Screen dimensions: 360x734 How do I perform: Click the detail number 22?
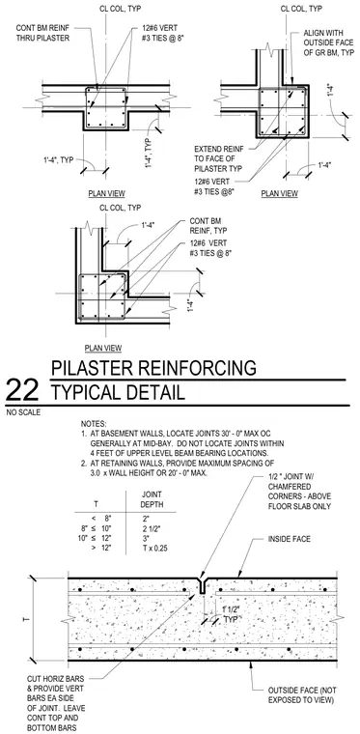[x=21, y=390]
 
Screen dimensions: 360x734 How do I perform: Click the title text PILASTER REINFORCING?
[x=153, y=368]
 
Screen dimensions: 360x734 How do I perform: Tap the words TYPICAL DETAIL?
[x=118, y=392]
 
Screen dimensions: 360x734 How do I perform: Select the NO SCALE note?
[x=23, y=412]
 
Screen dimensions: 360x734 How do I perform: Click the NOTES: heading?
[x=94, y=423]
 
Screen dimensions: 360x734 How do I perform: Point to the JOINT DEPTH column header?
[x=152, y=499]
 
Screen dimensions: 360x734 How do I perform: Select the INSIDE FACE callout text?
[x=289, y=539]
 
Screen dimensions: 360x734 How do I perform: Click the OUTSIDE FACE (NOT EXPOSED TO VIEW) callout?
[x=302, y=695]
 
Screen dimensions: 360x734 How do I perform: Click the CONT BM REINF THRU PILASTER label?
[x=42, y=33]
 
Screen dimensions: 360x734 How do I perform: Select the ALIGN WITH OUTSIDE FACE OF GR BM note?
[x=329, y=43]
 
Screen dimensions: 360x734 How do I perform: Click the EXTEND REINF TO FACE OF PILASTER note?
[x=219, y=158]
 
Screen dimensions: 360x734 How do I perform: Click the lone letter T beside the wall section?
[x=25, y=619]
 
